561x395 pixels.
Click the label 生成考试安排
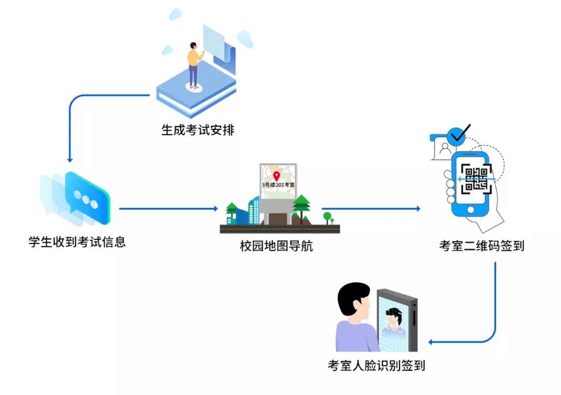click(198, 130)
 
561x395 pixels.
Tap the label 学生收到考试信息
click(77, 242)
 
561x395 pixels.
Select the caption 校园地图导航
click(276, 246)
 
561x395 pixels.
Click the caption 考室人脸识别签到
click(376, 365)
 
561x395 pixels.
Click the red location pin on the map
click(276, 176)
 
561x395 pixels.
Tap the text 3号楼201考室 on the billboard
click(278, 185)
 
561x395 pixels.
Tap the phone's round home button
click(471, 210)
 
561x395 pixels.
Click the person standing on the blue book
click(193, 65)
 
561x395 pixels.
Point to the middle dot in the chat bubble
click(85, 198)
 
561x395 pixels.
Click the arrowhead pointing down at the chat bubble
click(70, 159)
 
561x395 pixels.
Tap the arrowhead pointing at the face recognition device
click(432, 342)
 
